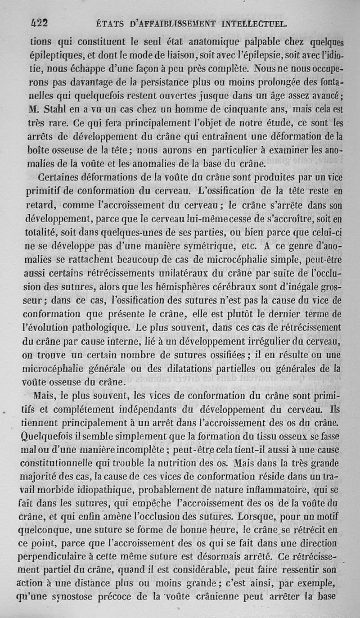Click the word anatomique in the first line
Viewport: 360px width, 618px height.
click(x=211, y=43)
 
